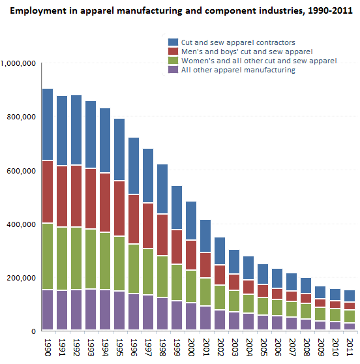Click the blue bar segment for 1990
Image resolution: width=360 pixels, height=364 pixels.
[48, 124]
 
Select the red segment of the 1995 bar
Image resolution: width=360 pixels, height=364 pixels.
[119, 208]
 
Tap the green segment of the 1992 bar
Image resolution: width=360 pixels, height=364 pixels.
[76, 258]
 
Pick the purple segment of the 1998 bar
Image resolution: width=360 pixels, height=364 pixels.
[162, 314]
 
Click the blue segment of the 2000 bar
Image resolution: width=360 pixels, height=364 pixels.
[191, 220]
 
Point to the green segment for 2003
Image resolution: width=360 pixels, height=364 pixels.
[234, 301]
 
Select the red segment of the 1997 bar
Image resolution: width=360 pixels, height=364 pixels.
[148, 226]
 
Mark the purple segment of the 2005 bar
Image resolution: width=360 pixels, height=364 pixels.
[263, 322]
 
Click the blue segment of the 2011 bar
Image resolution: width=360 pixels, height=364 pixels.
[350, 296]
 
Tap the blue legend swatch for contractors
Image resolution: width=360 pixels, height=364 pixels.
[173, 42]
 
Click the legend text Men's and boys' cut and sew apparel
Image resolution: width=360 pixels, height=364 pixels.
[247, 52]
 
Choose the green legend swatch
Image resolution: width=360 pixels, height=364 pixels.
[173, 61]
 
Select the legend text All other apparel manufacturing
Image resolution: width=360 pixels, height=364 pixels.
[238, 70]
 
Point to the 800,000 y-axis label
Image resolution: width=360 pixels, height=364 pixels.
[21, 117]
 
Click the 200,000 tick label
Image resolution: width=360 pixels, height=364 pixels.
[21, 278]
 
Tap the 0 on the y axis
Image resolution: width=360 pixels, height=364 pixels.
[34, 331]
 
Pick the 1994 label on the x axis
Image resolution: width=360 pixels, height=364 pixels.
[105, 347]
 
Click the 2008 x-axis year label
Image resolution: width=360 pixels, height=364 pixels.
[307, 347]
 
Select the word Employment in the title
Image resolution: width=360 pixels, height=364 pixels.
[38, 11]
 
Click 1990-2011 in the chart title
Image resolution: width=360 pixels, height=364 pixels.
[330, 10]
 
